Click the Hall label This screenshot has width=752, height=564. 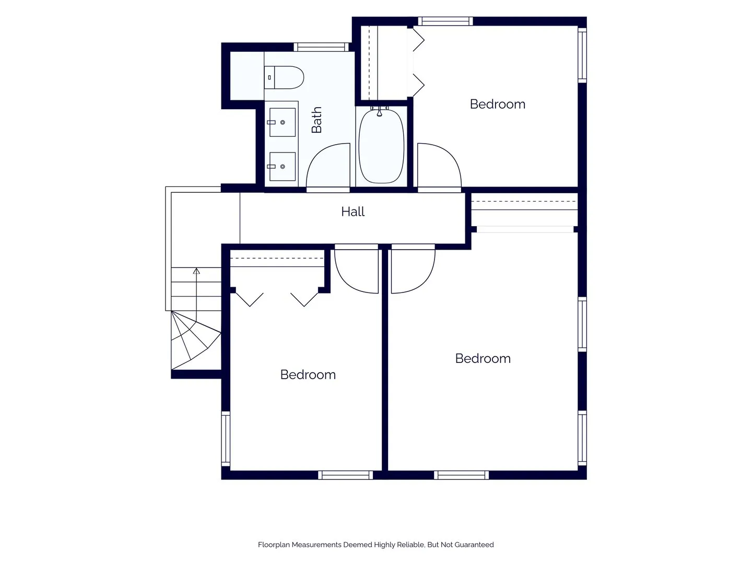[x=352, y=211]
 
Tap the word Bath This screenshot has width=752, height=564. [x=316, y=120]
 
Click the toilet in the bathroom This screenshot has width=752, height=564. [x=284, y=77]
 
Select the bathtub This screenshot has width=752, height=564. [x=381, y=146]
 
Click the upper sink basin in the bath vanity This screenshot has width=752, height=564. [x=283, y=122]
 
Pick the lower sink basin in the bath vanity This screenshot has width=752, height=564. [x=283, y=167]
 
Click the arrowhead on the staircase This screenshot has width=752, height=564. [x=196, y=271]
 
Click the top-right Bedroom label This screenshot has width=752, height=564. [x=498, y=104]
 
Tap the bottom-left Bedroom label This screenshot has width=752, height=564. [x=308, y=374]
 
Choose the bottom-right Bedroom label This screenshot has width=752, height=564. [x=483, y=359]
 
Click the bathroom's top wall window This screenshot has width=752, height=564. [x=321, y=47]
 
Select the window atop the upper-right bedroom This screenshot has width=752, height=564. [x=445, y=21]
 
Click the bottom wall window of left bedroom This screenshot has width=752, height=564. [x=345, y=475]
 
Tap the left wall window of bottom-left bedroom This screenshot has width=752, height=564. [x=226, y=439]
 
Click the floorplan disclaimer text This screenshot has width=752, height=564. [x=376, y=545]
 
